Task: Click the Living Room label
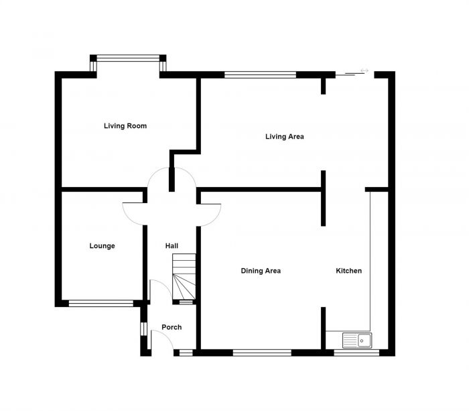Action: pos(125,126)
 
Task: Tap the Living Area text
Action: pos(285,137)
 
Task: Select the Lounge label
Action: pos(102,246)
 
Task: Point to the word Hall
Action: pos(172,246)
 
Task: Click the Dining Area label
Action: pos(261,271)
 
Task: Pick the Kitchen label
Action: pos(348,271)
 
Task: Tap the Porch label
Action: pos(171,327)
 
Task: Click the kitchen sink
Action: pos(357,341)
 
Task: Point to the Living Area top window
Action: pos(260,75)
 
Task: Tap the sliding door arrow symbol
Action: pos(364,70)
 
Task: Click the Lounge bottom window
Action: pos(101,303)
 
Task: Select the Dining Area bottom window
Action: pos(262,352)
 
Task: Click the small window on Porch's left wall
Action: pos(143,329)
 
